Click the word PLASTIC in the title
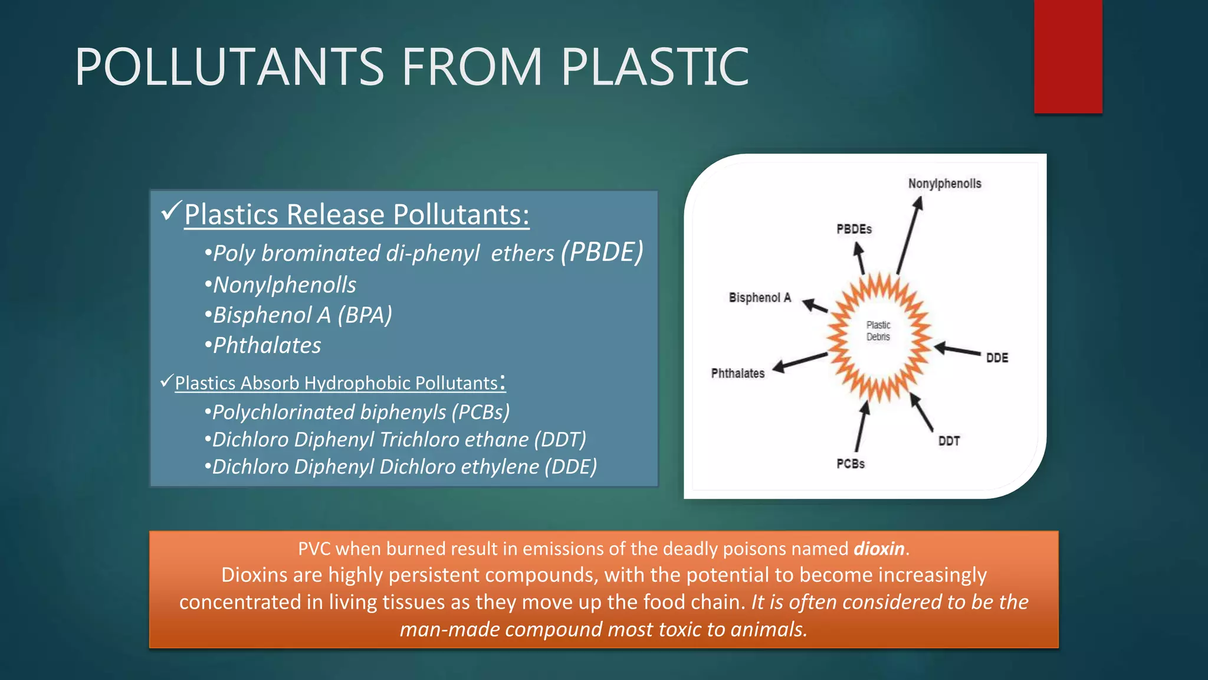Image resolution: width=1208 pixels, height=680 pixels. click(654, 67)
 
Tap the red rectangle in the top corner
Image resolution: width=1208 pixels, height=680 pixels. click(1068, 56)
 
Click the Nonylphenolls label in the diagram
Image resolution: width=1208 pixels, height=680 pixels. click(944, 184)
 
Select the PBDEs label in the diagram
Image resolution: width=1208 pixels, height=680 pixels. click(854, 229)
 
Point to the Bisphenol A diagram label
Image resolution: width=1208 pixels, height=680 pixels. click(759, 297)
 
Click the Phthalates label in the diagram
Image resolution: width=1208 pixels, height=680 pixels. click(737, 373)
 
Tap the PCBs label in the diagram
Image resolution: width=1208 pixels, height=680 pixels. click(850, 464)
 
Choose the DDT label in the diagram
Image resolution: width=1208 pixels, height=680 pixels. click(948, 441)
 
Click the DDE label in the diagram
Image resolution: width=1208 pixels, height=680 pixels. click(997, 358)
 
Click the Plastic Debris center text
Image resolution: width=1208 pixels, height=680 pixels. click(878, 331)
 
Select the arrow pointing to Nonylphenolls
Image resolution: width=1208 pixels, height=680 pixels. click(909, 236)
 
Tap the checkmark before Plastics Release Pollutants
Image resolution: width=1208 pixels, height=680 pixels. click(170, 211)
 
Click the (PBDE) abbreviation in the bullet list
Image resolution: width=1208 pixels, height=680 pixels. click(602, 252)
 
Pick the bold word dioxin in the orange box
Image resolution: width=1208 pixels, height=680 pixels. click(879, 549)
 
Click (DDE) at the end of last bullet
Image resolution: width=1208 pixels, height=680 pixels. click(570, 467)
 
